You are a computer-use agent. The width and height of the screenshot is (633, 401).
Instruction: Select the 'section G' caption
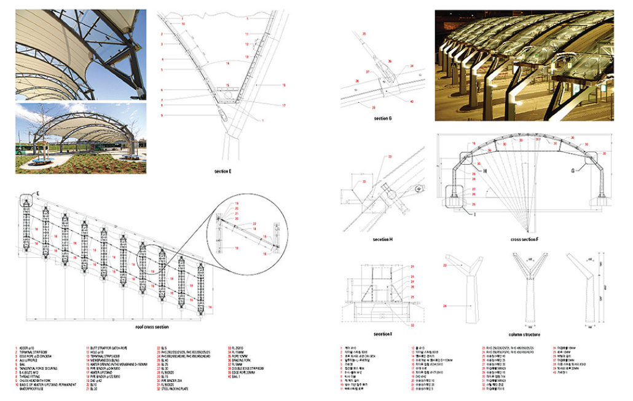(x=382, y=117)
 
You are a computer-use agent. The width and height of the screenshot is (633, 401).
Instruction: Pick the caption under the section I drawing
(x=382, y=334)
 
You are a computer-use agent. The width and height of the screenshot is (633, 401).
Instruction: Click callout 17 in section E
(x=284, y=105)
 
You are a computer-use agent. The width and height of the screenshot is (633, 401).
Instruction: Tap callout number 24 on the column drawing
(x=443, y=305)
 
